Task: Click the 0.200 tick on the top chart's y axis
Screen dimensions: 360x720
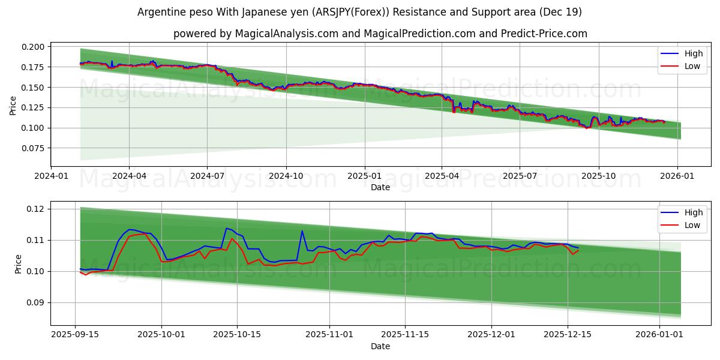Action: [x=34, y=47]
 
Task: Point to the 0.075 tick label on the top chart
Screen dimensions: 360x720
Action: [x=34, y=148]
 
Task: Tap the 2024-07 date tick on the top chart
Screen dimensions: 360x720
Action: [x=207, y=176]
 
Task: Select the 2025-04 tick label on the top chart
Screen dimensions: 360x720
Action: [x=442, y=176]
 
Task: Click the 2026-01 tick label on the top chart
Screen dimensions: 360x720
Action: [x=677, y=176]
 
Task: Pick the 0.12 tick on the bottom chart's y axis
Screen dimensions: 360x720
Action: [x=36, y=209]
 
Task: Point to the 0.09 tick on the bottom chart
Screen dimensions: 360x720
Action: [x=36, y=303]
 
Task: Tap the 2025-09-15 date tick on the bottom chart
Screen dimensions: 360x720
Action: [x=75, y=335]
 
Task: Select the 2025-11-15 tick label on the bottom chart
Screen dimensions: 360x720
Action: [x=404, y=335]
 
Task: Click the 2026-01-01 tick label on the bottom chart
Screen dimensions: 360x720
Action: [x=659, y=335]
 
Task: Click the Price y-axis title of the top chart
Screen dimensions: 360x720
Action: [x=13, y=105]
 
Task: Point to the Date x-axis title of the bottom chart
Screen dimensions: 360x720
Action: [x=380, y=346]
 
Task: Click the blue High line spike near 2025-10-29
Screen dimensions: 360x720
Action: [x=302, y=231]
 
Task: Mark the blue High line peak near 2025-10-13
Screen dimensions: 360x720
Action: [x=226, y=228]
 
